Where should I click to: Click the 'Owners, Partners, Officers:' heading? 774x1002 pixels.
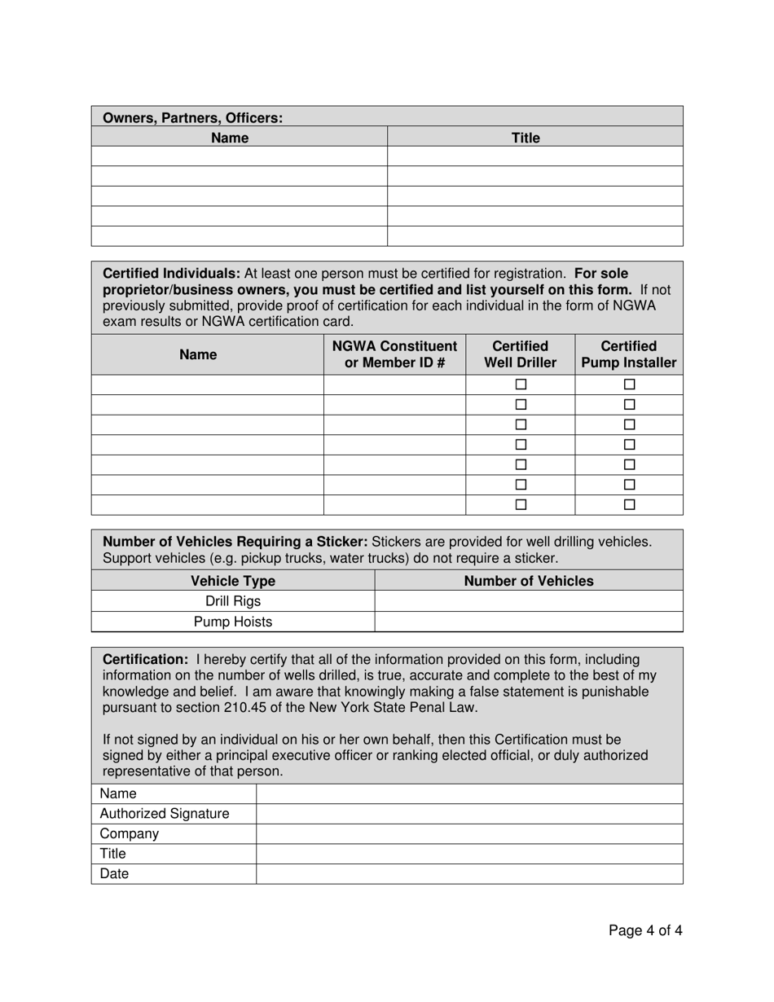[192, 117]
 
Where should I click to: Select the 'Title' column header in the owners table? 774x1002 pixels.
[526, 138]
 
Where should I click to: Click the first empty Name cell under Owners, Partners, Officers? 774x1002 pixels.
[239, 156]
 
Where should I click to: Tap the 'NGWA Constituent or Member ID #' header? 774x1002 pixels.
[394, 354]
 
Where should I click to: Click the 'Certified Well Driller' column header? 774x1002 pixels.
[521, 354]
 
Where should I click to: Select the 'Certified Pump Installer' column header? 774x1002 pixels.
[628, 354]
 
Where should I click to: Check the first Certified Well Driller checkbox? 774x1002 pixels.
[521, 385]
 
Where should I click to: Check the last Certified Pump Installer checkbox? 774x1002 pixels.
[629, 505]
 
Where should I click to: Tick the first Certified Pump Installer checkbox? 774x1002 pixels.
[629, 385]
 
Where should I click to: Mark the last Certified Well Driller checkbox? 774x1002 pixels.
[521, 505]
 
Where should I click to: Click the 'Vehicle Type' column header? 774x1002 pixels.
[233, 581]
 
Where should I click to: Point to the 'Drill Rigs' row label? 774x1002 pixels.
[233, 601]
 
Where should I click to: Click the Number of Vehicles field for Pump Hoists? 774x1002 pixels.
[528, 622]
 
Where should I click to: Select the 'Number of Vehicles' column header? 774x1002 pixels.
[528, 581]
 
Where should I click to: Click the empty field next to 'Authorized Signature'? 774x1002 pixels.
[469, 814]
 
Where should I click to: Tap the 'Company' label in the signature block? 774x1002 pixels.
[129, 833]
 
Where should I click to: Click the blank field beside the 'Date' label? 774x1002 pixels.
[469, 873]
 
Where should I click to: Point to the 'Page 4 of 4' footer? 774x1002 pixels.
[645, 930]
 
